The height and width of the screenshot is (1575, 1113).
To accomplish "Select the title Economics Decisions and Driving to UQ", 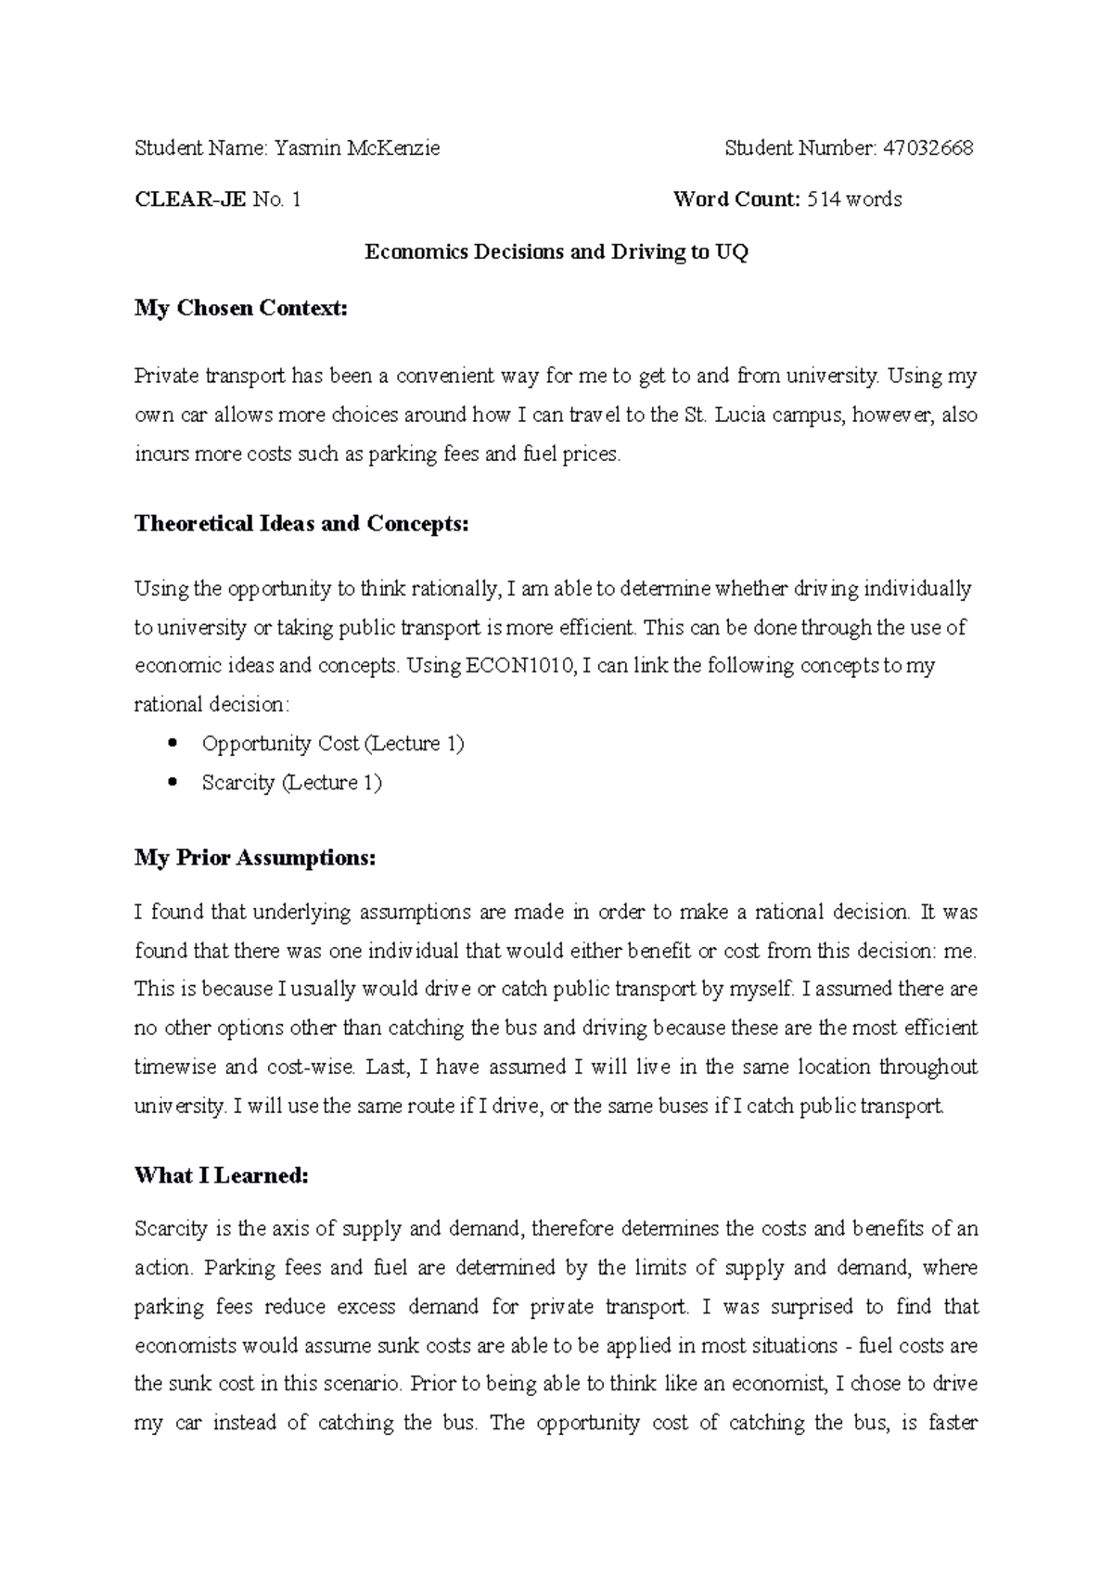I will pyautogui.click(x=556, y=252).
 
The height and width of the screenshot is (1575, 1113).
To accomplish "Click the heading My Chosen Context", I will pyautogui.click(x=241, y=308).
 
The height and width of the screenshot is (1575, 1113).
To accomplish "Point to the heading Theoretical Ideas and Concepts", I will pyautogui.click(x=302, y=524).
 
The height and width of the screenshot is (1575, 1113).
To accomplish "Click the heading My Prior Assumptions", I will pyautogui.click(x=256, y=858).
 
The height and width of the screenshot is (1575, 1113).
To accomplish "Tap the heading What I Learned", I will pyautogui.click(x=221, y=1176).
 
